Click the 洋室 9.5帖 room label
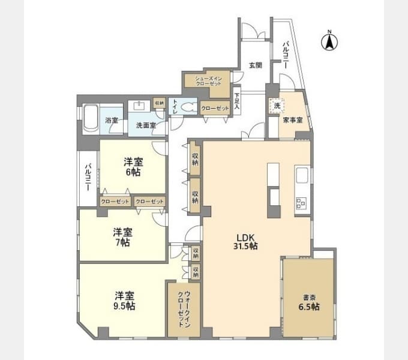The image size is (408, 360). tap(125, 301)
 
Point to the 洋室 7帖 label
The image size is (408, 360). tap(123, 238)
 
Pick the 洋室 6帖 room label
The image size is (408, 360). tap(133, 166)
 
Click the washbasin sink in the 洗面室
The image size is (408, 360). tap(139, 106)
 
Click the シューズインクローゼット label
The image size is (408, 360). tap(207, 81)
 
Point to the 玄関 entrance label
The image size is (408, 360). tap(254, 66)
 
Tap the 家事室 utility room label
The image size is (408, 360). tap(293, 120)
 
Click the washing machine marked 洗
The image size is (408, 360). tap(277, 106)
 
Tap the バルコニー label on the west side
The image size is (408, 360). tap(88, 177)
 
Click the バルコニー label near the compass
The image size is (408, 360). tap(287, 55)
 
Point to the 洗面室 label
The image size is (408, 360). tap(146, 125)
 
